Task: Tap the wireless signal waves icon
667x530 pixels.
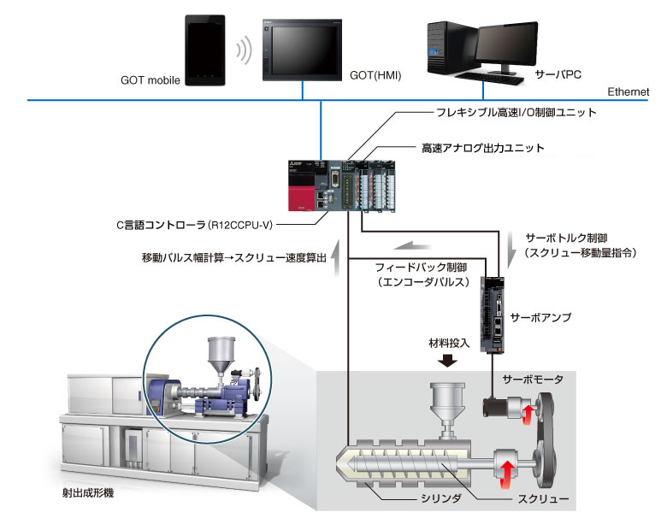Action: [x=246, y=50]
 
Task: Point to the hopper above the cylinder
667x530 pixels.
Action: [x=446, y=401]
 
